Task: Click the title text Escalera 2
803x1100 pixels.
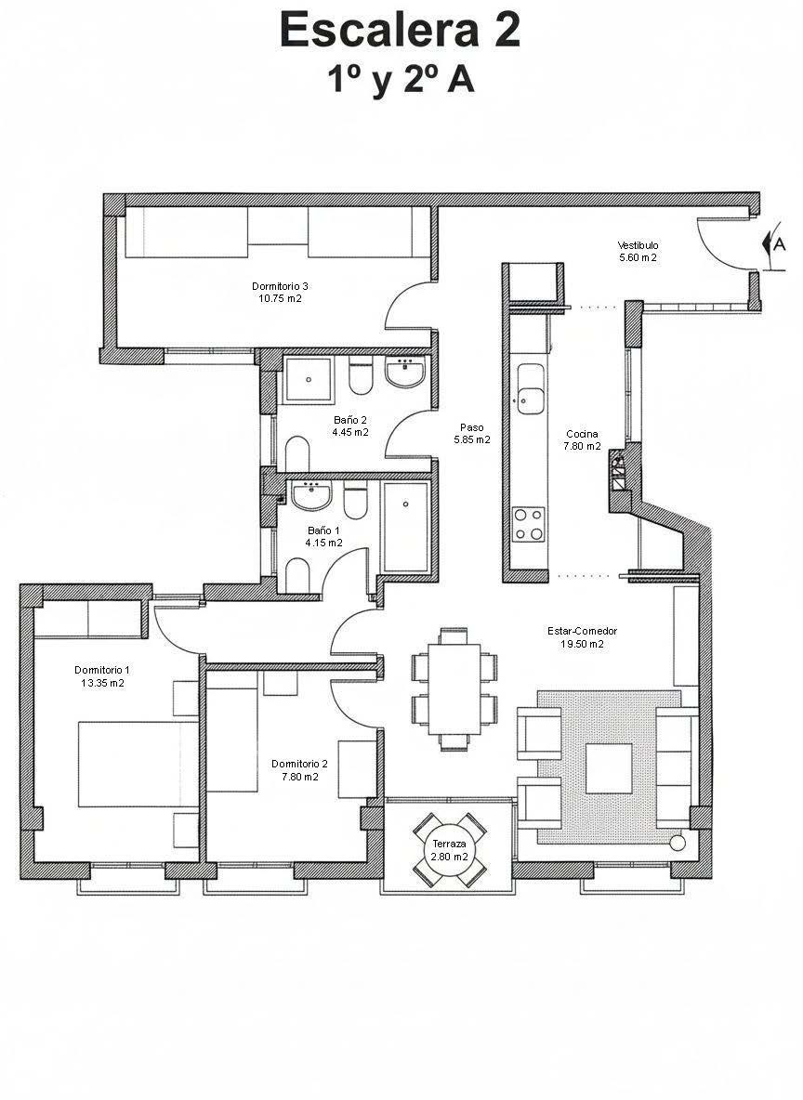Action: coord(400,30)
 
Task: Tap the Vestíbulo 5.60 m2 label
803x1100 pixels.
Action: coord(638,252)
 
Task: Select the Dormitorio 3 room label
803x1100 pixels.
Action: coord(280,292)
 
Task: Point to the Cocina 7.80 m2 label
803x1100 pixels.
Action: coord(582,439)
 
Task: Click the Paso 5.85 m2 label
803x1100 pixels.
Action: coord(471,434)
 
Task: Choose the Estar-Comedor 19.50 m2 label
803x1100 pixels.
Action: coord(582,637)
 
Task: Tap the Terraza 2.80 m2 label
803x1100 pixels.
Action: coord(449,849)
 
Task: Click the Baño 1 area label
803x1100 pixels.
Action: coord(324,536)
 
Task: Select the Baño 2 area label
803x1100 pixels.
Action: coord(350,426)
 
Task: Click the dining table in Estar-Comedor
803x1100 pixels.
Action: coord(454,688)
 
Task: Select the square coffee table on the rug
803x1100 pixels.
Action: coord(609,767)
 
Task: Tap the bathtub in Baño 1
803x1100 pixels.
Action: coord(404,528)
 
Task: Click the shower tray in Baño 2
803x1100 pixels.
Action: coord(307,379)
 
